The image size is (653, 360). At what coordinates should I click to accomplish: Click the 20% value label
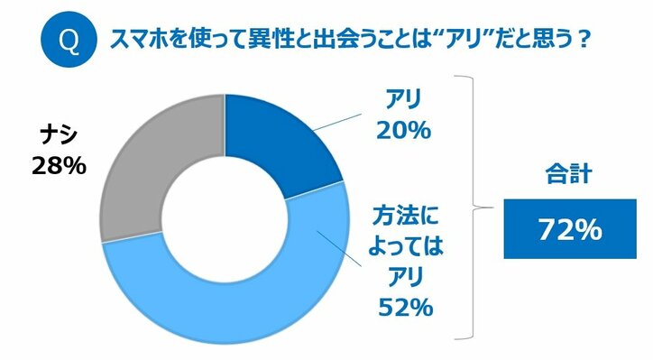point(406,132)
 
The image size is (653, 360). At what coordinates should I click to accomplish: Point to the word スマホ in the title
point(135,42)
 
